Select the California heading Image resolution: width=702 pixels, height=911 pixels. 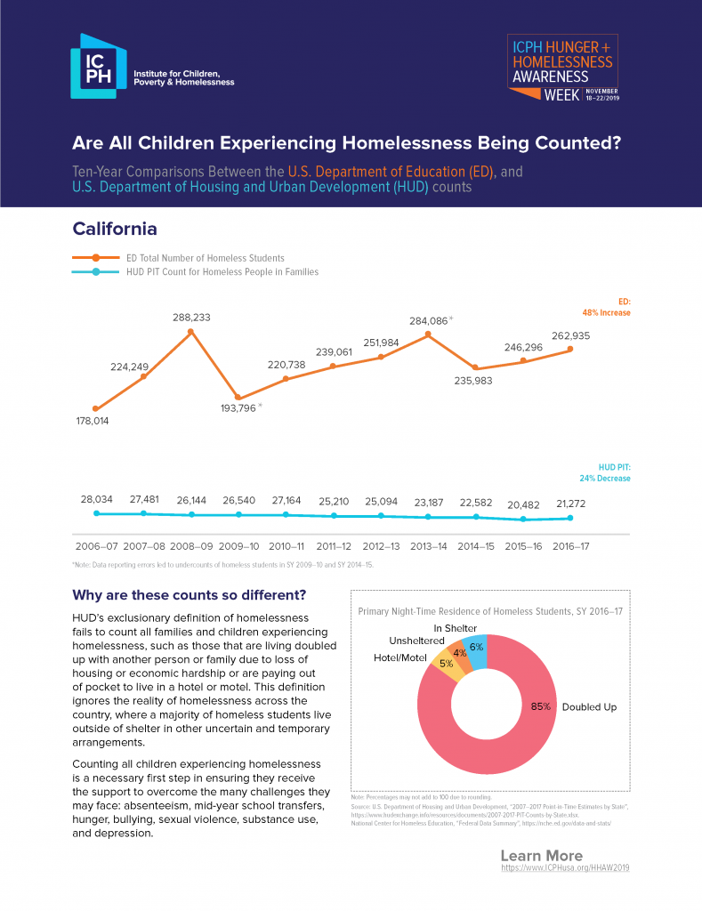coord(115,229)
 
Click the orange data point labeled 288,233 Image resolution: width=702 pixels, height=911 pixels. coord(191,332)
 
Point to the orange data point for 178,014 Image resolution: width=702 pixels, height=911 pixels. coord(95,408)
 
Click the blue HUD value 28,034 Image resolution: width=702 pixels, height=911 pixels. coord(95,501)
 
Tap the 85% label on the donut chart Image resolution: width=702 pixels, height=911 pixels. coord(541,706)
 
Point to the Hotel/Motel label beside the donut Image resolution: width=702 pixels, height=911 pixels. coord(399,658)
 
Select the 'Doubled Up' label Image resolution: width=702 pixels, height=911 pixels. coord(589,706)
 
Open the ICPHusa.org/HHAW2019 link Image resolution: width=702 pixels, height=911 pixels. coord(565,867)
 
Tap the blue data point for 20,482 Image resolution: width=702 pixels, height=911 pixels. coord(523,520)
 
